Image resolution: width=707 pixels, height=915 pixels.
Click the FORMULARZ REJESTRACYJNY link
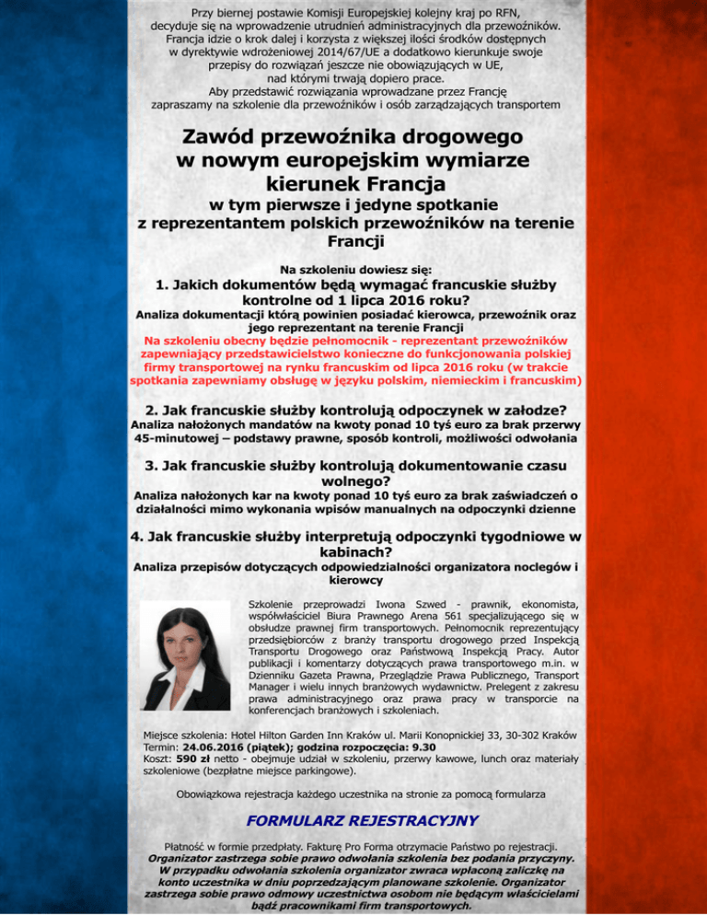click(353, 819)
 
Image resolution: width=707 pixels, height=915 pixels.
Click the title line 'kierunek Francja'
click(353, 182)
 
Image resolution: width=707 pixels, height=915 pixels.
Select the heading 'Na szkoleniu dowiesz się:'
click(353, 270)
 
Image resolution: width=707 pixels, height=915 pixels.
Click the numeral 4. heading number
click(139, 537)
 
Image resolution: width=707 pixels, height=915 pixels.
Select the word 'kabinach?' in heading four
click(353, 552)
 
